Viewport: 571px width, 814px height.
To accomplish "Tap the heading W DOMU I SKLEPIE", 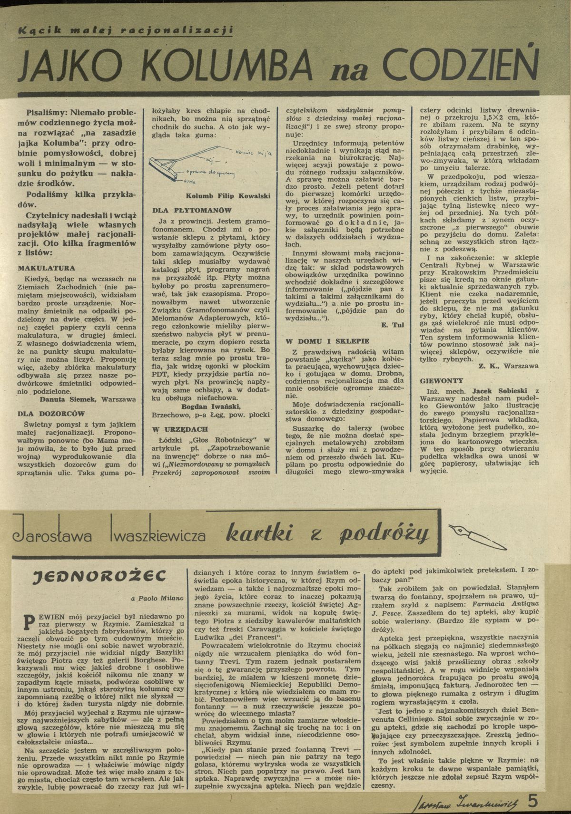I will [x=320, y=341].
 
